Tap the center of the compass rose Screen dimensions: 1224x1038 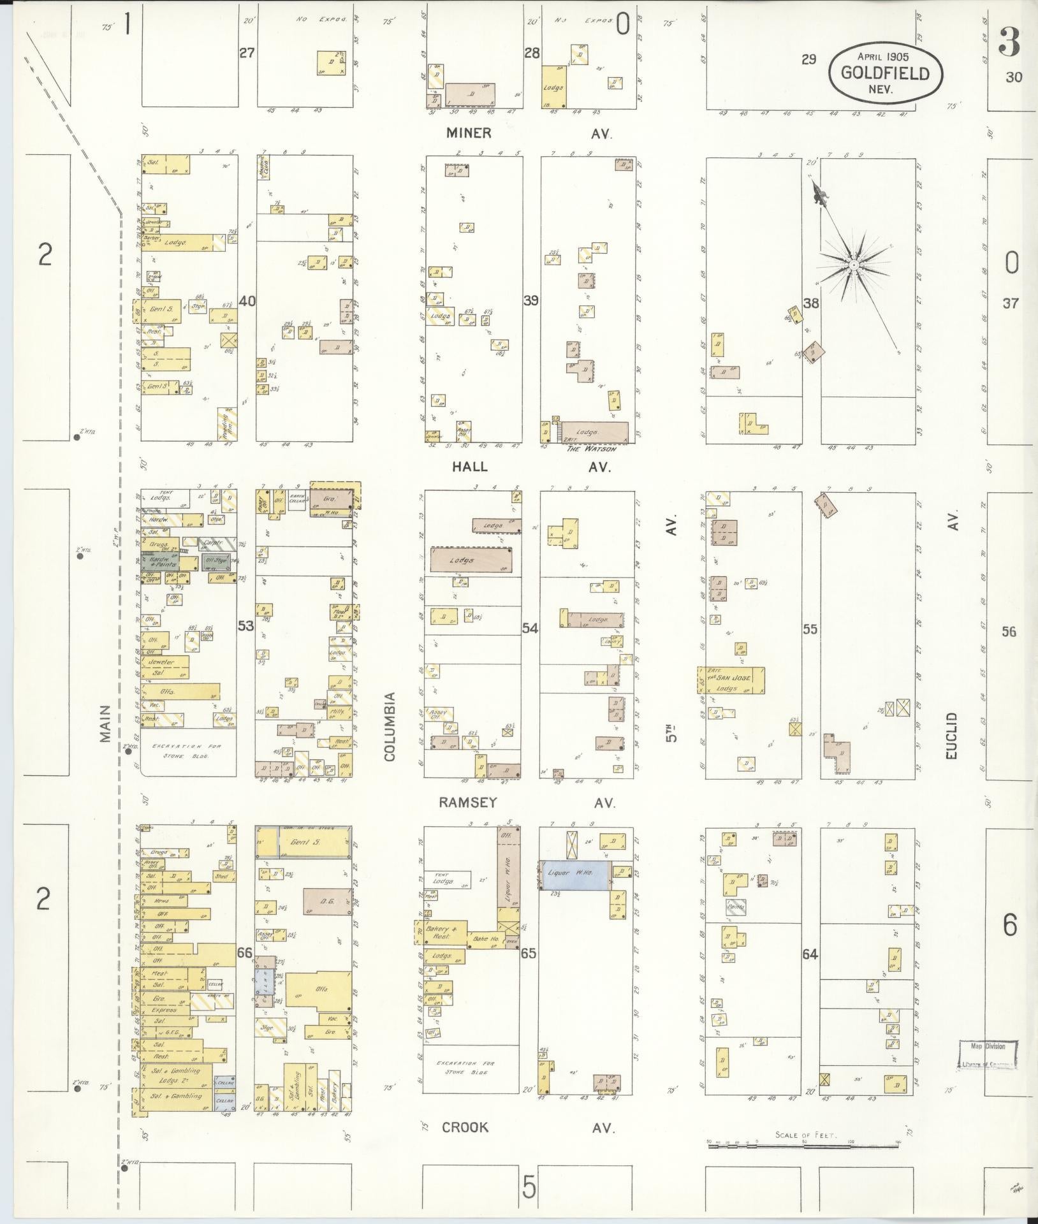pos(852,264)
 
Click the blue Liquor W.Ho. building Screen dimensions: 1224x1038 pos(575,876)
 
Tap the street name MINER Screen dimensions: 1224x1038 pos(469,133)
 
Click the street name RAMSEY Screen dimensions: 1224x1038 pos(468,803)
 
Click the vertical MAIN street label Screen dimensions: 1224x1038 pos(105,723)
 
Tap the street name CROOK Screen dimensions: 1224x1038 pos(465,1127)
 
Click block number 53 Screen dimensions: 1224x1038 pos(245,626)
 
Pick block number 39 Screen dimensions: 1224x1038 pos(531,300)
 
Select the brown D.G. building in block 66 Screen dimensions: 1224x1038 pos(327,901)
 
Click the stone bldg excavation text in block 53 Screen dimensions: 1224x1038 pos(187,749)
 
